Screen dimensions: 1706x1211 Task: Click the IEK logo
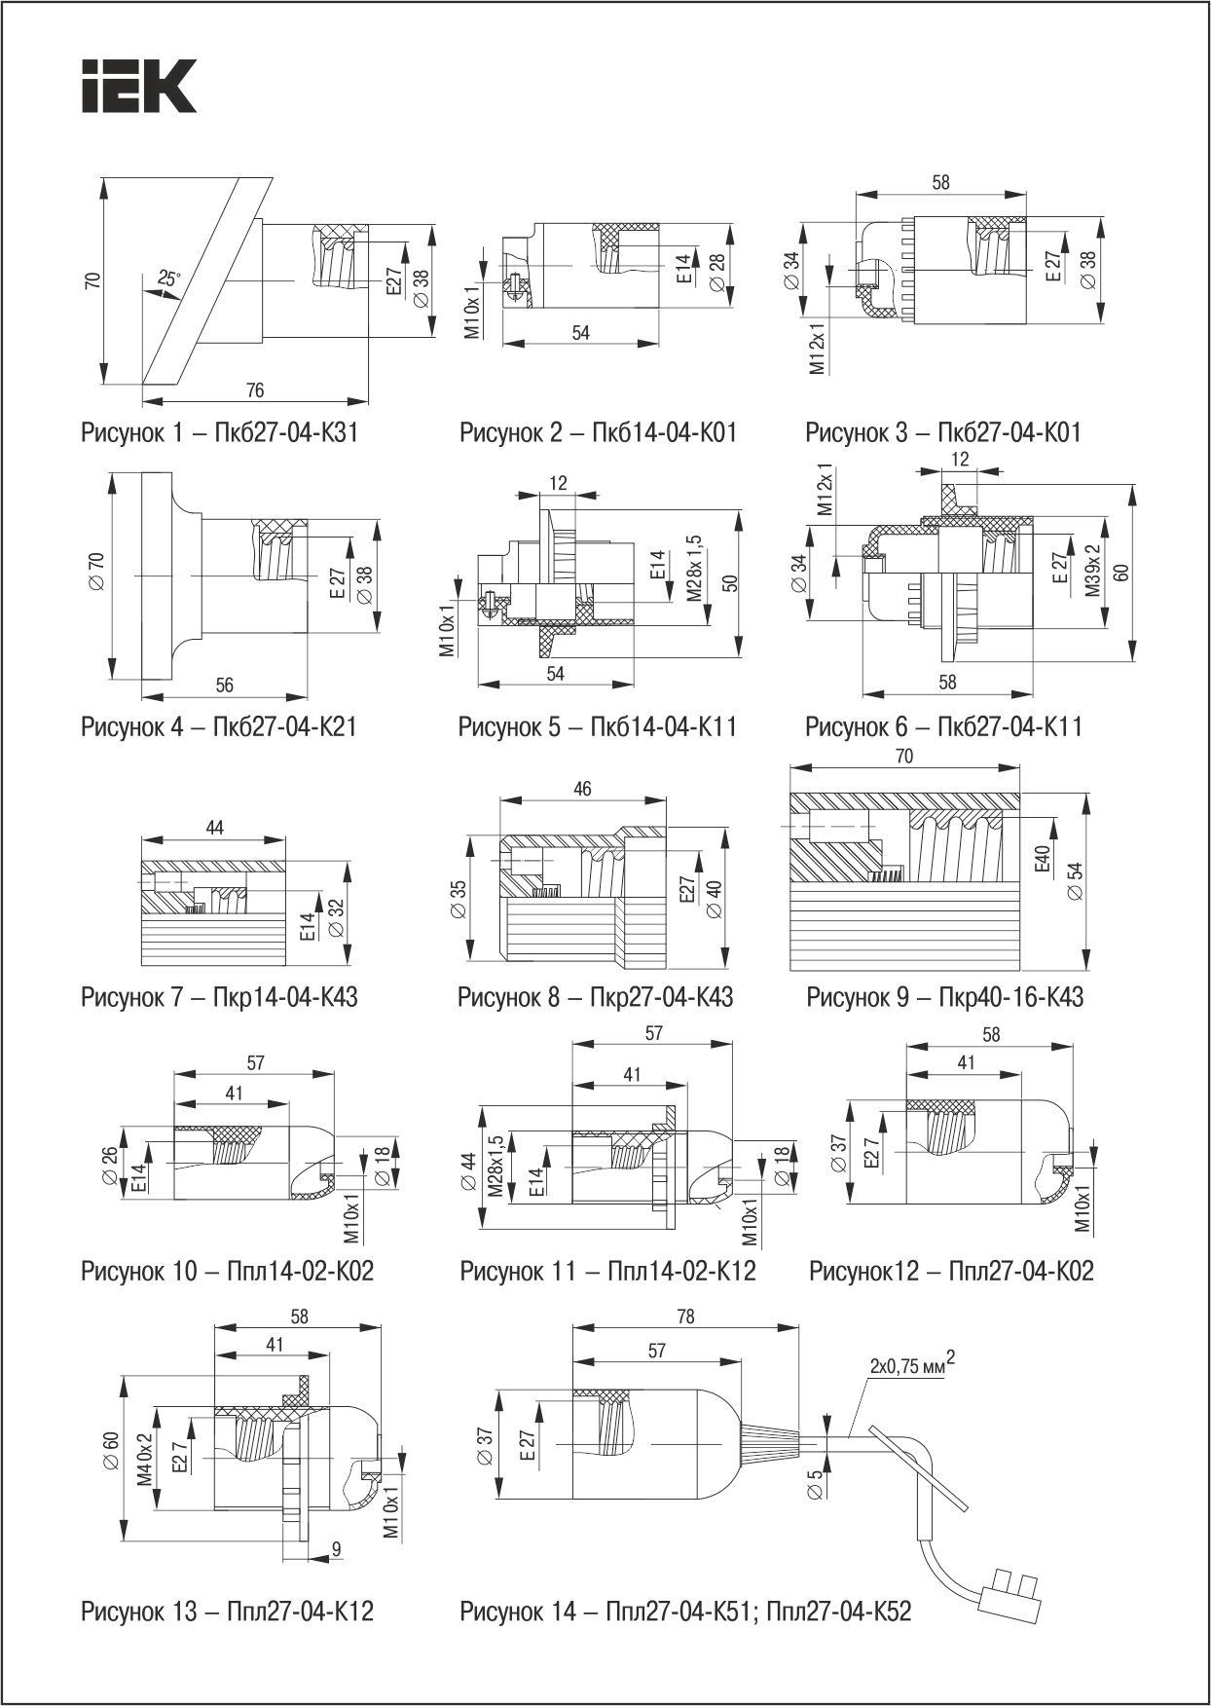pyautogui.click(x=137, y=86)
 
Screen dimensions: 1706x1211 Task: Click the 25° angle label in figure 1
pyautogui.click(x=168, y=279)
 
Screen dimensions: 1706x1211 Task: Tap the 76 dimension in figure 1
pyautogui.click(x=254, y=390)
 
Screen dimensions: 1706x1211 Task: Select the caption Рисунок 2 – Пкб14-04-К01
pyautogui.click(x=598, y=431)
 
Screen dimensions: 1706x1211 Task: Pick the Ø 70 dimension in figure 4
pyautogui.click(x=96, y=575)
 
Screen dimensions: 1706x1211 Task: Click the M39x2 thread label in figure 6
pyautogui.click(x=1093, y=571)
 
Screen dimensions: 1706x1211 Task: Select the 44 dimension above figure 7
pyautogui.click(x=215, y=828)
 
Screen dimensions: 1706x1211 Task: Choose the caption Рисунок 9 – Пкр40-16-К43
pyautogui.click(x=944, y=997)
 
